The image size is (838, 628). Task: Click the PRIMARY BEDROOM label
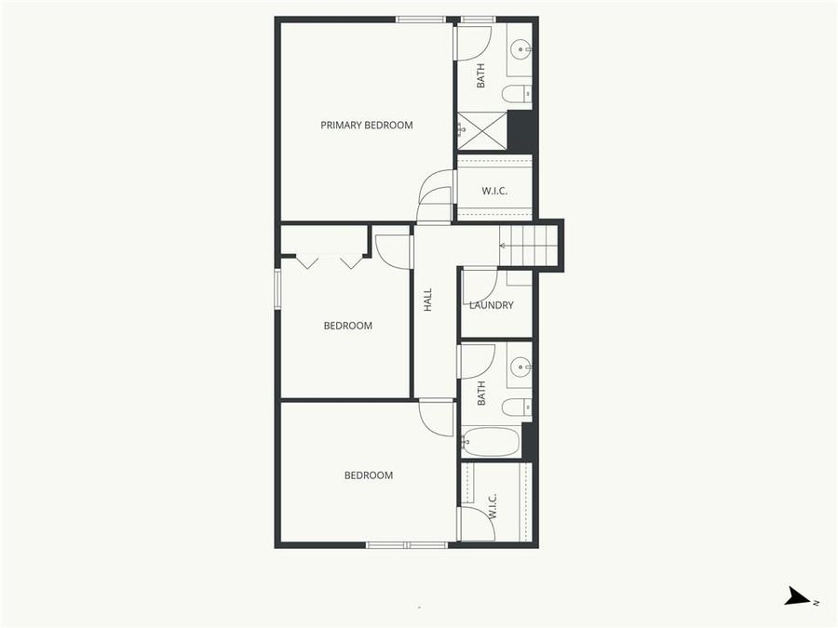(366, 125)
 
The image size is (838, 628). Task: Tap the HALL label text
(428, 300)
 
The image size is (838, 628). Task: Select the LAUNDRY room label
(492, 305)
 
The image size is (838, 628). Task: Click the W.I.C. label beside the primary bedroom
(494, 192)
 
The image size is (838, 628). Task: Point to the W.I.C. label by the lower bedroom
(493, 507)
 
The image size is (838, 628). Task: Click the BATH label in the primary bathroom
(481, 75)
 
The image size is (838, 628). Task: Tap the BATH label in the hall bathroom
(481, 394)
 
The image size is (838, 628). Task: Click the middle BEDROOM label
(347, 326)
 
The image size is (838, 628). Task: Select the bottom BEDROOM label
(368, 475)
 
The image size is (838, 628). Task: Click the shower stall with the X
(481, 130)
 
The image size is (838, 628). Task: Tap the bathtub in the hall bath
(491, 441)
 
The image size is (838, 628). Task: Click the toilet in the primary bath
(516, 93)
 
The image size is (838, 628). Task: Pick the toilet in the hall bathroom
(516, 407)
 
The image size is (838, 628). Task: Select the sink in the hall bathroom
(520, 366)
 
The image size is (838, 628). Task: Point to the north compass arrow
(799, 597)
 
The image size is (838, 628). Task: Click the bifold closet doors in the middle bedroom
(329, 261)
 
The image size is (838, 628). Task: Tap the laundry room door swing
(477, 284)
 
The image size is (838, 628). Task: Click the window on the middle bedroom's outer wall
(277, 287)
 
